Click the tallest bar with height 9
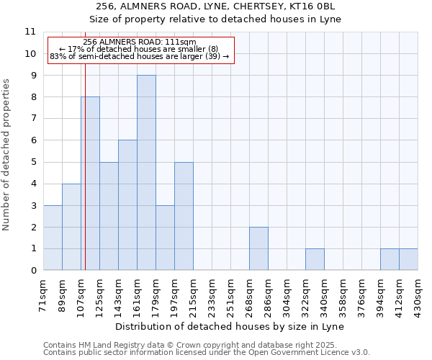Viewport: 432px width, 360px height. (146, 173)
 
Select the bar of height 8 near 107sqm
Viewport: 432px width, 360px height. (91, 184)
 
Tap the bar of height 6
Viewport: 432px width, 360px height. (127, 205)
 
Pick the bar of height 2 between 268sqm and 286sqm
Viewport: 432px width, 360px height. (258, 248)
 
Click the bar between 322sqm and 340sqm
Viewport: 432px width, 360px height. (315, 259)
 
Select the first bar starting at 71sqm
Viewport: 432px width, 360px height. (53, 238)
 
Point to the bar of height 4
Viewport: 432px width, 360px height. (71, 227)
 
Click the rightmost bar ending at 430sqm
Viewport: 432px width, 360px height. (408, 259)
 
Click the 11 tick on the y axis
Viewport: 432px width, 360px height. (30, 32)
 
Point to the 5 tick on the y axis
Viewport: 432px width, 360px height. (32, 162)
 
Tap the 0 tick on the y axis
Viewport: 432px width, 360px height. (32, 271)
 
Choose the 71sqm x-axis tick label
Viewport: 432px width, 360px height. (44, 292)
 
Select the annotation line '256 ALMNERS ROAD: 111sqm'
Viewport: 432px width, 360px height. (140, 42)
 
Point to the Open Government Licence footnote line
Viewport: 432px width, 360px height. (207, 353)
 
